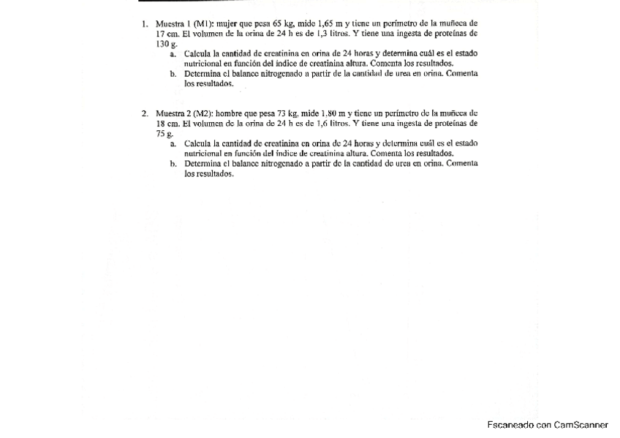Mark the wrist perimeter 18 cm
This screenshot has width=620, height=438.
pos(165,124)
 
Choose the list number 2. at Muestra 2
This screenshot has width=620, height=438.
pos(145,114)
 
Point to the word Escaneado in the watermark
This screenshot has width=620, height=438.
pos(510,425)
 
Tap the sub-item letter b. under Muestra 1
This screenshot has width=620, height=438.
pos(173,74)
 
